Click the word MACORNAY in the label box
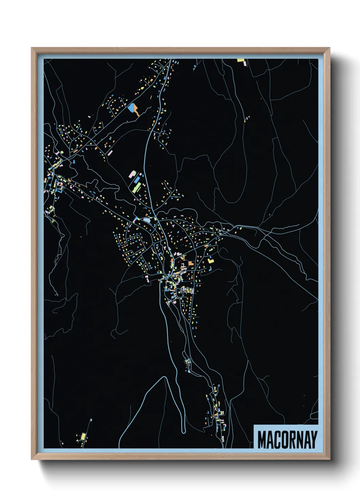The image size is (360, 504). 287,439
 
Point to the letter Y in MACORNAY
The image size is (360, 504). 314,440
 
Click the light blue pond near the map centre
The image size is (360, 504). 147,220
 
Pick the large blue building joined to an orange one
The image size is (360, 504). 131,108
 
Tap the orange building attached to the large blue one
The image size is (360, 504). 136,110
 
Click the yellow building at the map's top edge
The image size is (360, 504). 241,60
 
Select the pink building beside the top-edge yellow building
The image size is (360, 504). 245,63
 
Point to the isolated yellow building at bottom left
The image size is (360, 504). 83,436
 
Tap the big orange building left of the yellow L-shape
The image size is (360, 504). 191,263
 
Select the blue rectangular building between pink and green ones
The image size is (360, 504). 137,179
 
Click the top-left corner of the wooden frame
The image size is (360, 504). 32,48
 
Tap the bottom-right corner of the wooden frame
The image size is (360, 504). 329,459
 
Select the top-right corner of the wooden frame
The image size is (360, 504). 329,48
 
